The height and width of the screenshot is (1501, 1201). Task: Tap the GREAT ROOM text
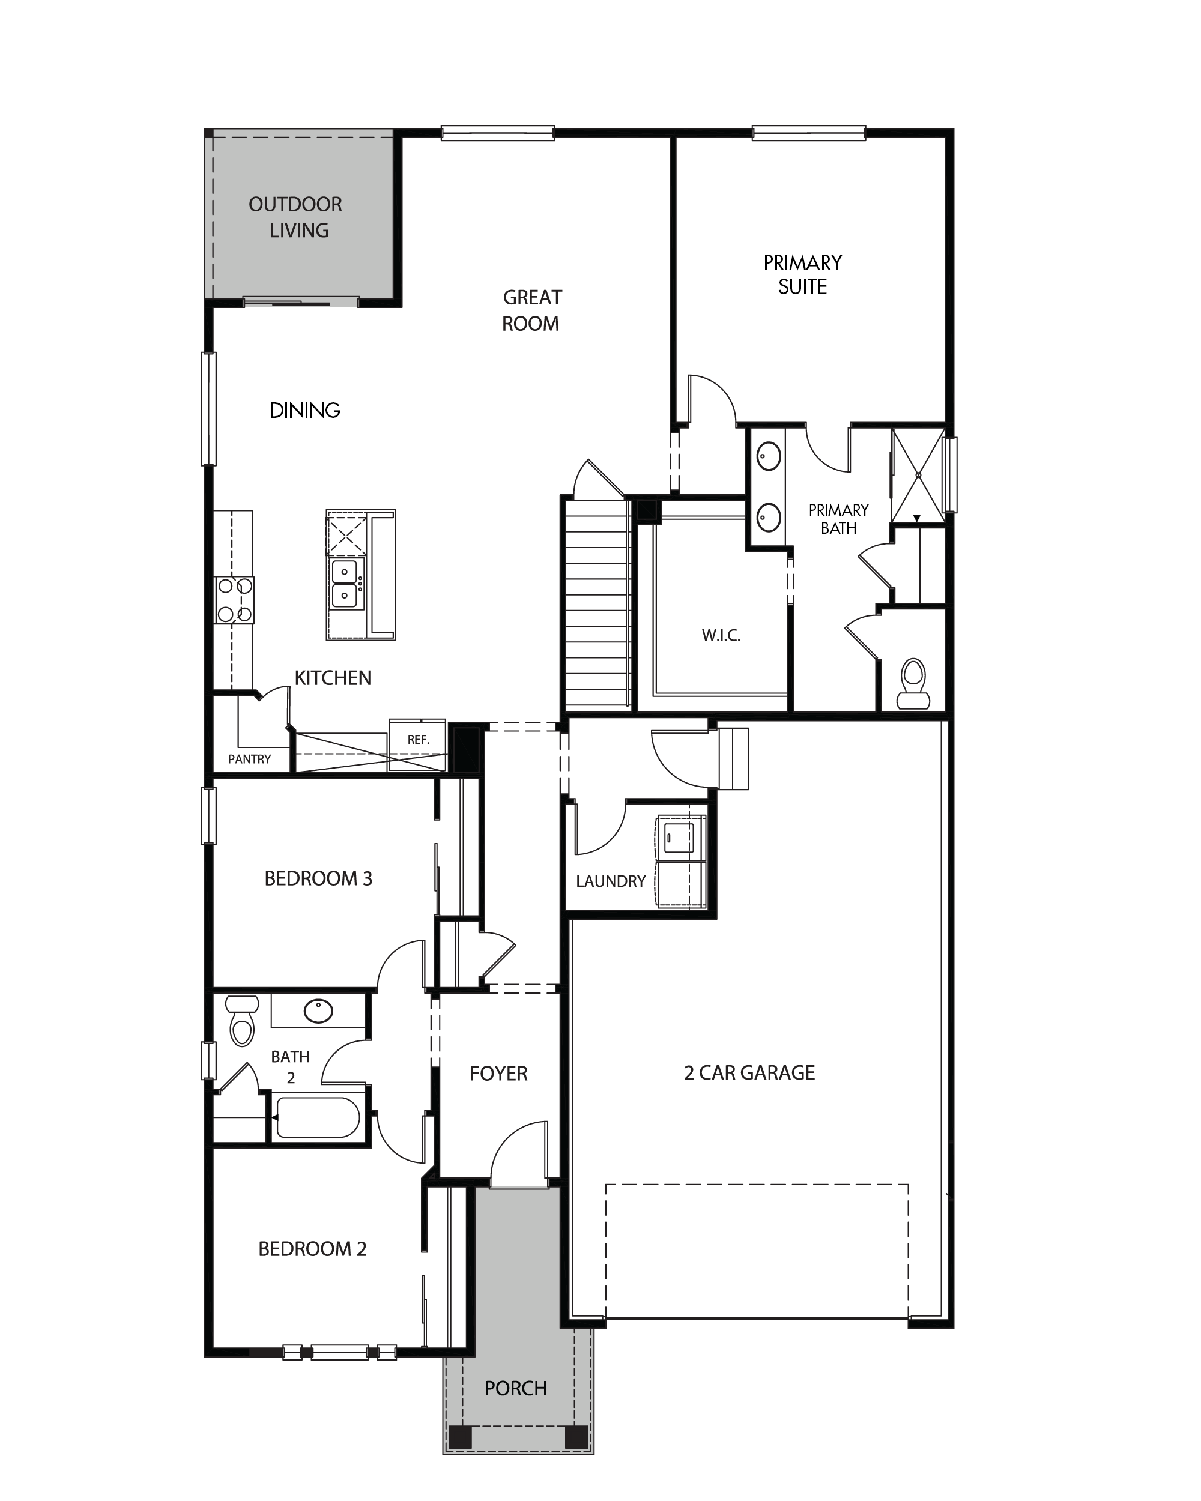coord(531,310)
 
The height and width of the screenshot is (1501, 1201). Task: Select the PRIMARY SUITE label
coord(803,274)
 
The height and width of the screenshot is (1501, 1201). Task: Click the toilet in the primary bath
coord(913,684)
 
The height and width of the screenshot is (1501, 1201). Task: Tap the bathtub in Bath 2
coord(318,1117)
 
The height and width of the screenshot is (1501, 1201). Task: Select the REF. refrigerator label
coord(419,739)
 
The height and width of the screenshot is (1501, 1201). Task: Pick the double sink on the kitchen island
coord(346,584)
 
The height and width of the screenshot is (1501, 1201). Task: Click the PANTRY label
coord(249,759)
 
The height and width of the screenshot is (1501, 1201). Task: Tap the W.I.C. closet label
coord(721,635)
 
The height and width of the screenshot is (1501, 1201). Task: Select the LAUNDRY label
coord(611,881)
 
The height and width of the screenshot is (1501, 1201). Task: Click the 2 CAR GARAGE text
coord(749,1072)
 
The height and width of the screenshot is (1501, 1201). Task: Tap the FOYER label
coord(498,1074)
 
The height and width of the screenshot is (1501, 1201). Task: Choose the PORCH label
coord(516,1388)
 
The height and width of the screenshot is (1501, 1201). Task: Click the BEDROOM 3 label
coord(318,878)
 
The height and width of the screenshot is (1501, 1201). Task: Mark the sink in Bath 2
coord(319,1011)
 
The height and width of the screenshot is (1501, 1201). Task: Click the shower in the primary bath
coord(918,476)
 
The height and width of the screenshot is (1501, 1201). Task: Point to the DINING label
coord(305,411)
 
